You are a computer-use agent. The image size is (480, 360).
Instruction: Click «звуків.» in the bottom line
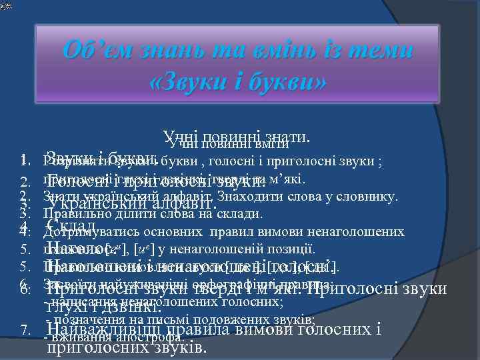click(x=179, y=347)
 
